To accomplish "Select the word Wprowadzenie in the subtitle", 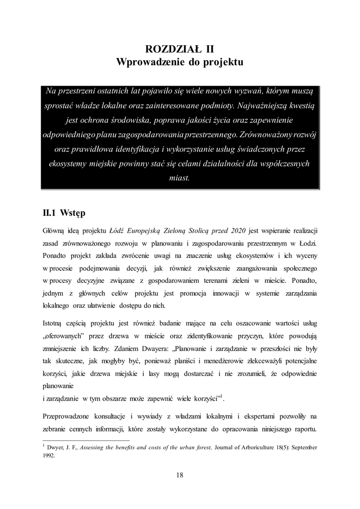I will tap(147, 63).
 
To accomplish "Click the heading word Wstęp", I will tap(73, 214).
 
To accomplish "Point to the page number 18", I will tap(180, 475).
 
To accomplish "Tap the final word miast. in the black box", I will tap(180, 178).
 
